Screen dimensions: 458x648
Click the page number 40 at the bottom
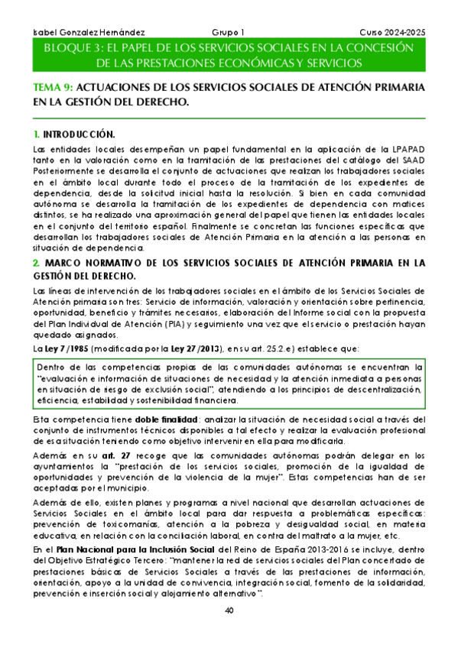pyautogui.click(x=229, y=611)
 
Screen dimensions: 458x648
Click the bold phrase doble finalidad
pyautogui.click(x=167, y=420)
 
